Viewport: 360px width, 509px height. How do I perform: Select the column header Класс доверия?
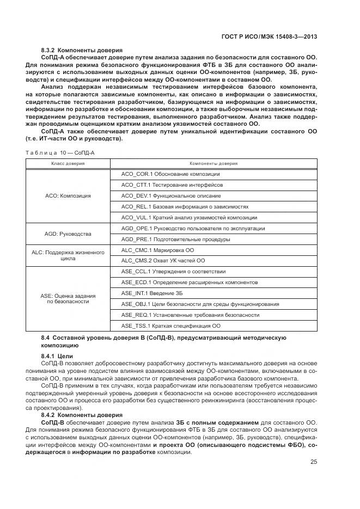coord(68,163)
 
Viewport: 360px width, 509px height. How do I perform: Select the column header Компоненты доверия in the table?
coord(213,163)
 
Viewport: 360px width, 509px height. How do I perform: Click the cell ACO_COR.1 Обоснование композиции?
coord(170,174)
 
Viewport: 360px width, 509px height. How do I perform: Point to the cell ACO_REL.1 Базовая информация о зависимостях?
coord(185,207)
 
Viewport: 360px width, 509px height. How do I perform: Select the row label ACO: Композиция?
coord(68,195)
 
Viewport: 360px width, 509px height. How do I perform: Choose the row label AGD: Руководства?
coord(68,234)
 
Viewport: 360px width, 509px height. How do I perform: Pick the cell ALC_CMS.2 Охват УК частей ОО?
coord(163,261)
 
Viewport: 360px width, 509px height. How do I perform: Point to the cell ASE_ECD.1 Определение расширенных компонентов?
coord(189,283)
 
